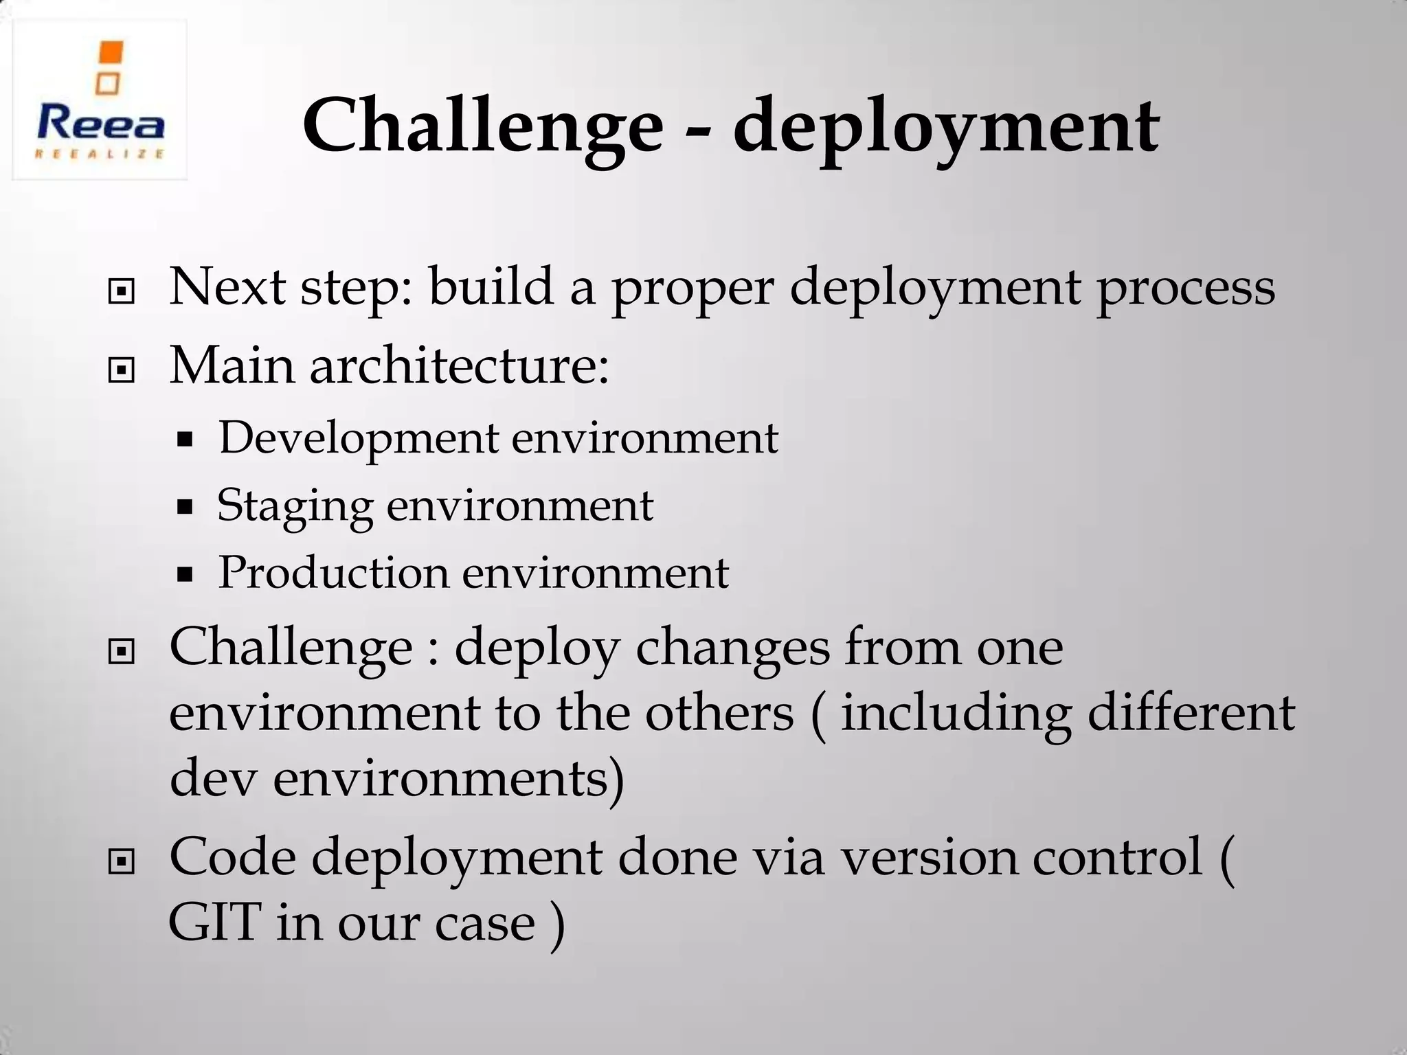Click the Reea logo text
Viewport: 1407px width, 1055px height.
coord(100,125)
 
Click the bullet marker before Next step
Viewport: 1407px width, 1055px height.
coord(122,292)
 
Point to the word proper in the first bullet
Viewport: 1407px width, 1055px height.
coord(693,288)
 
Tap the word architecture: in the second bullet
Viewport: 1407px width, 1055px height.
coord(458,365)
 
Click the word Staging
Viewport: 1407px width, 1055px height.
coord(295,507)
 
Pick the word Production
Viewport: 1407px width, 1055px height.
coord(333,573)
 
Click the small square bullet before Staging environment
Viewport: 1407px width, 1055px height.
coord(184,508)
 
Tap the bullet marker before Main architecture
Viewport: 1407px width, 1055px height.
coord(122,371)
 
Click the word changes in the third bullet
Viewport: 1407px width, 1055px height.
coord(732,648)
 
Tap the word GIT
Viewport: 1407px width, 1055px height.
coord(215,922)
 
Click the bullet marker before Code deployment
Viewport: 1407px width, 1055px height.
coord(122,861)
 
